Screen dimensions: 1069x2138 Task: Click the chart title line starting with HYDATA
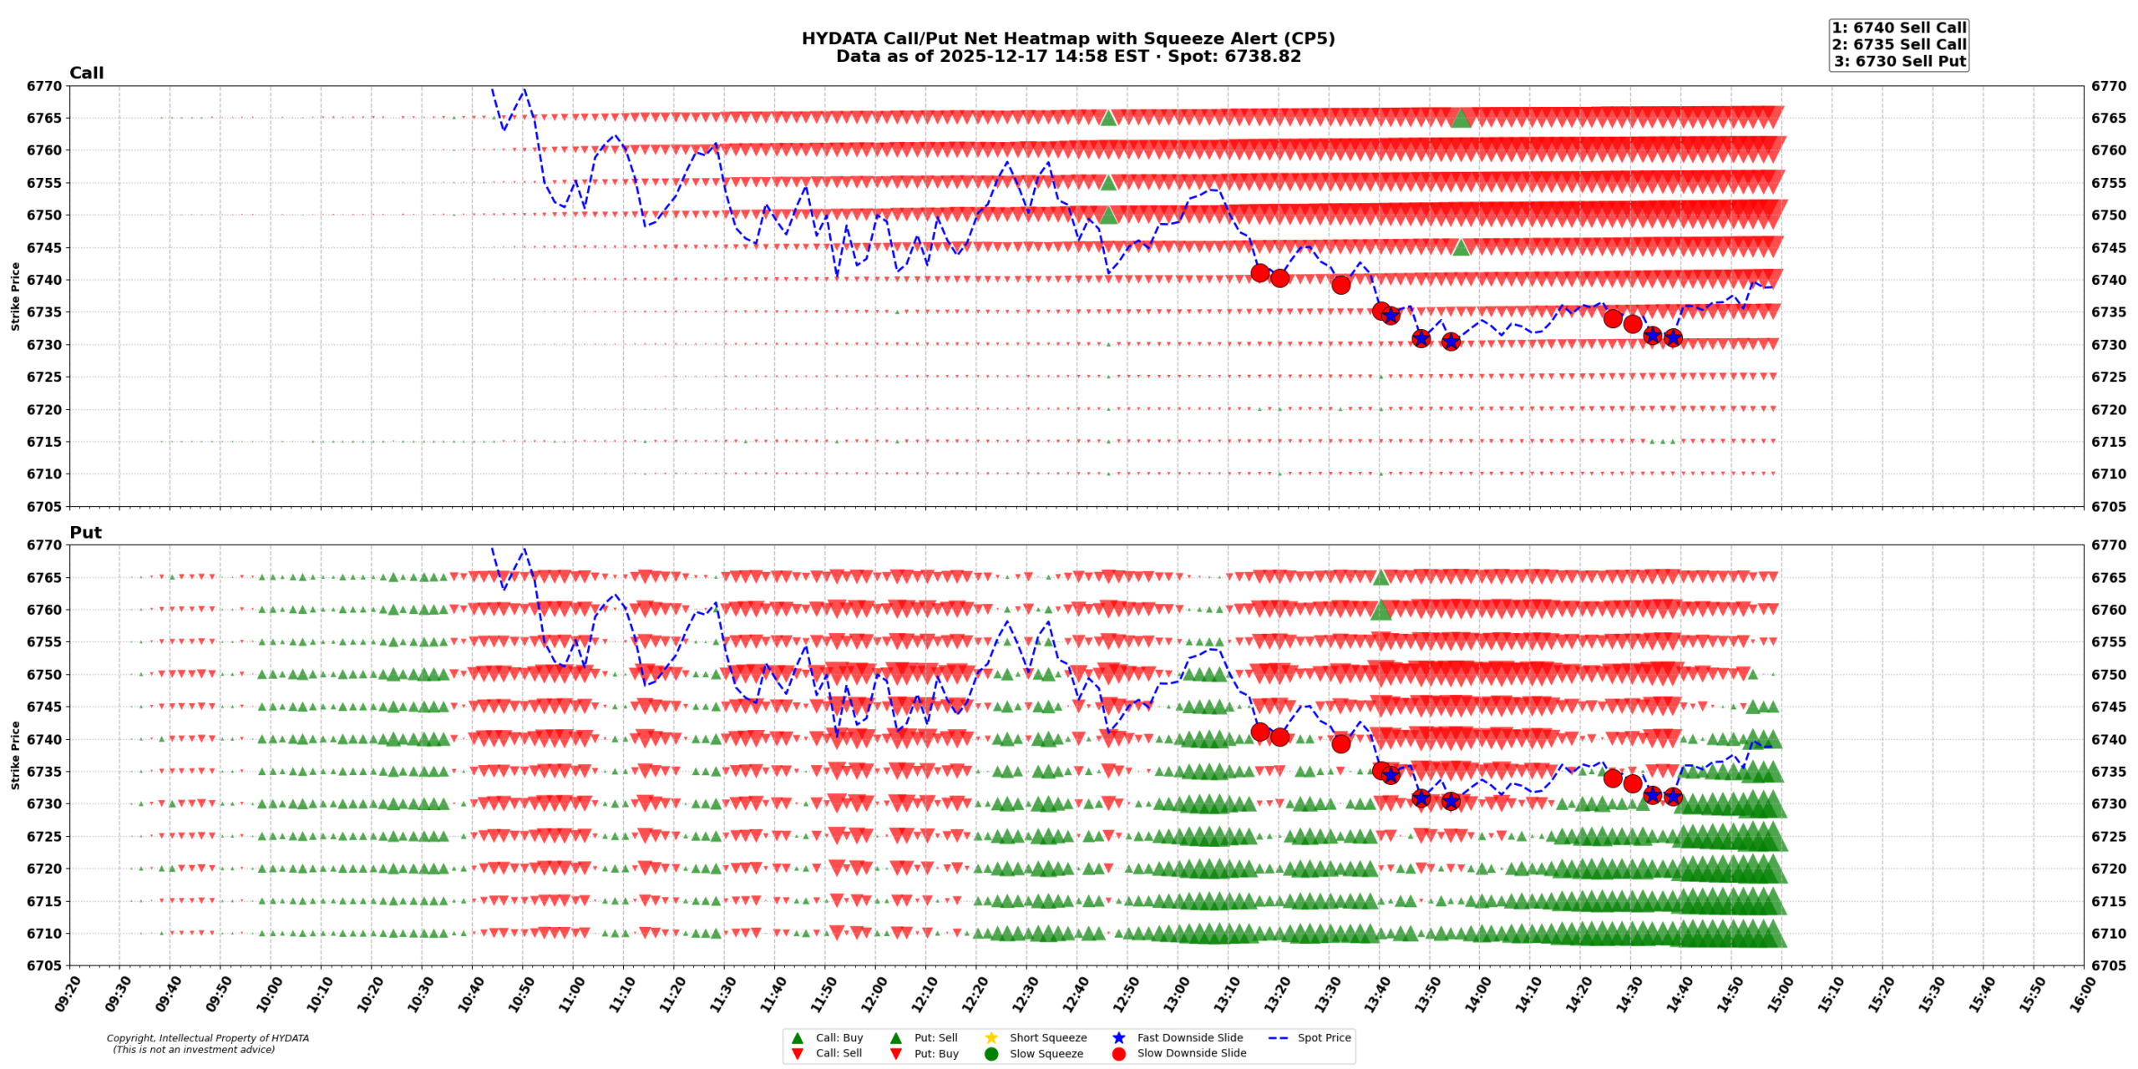[x=1067, y=38]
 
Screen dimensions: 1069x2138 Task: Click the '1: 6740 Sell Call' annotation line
[x=1898, y=28]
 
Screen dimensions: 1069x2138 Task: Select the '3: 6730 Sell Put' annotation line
[x=1899, y=61]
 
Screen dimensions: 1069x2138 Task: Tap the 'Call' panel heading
[x=86, y=73]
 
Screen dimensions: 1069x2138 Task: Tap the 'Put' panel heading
[x=85, y=532]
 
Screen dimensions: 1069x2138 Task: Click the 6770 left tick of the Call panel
[x=43, y=86]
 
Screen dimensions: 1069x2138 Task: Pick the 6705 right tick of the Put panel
[x=2109, y=965]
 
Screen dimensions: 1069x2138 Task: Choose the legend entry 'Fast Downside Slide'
[x=1189, y=1037]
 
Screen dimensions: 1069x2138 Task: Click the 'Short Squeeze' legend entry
[x=1047, y=1037]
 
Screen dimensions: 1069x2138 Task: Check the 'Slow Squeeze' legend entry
[x=1046, y=1053]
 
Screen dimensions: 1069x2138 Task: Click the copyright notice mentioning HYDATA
[x=207, y=1043]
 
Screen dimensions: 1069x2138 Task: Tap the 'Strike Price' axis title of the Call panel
[x=15, y=296]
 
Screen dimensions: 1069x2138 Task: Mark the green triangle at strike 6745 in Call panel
[x=1460, y=246]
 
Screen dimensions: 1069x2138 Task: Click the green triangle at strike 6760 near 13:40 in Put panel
[x=1381, y=610]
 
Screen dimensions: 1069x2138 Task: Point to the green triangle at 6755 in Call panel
[x=1108, y=182]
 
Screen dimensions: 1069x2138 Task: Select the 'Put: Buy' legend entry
[x=935, y=1053]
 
